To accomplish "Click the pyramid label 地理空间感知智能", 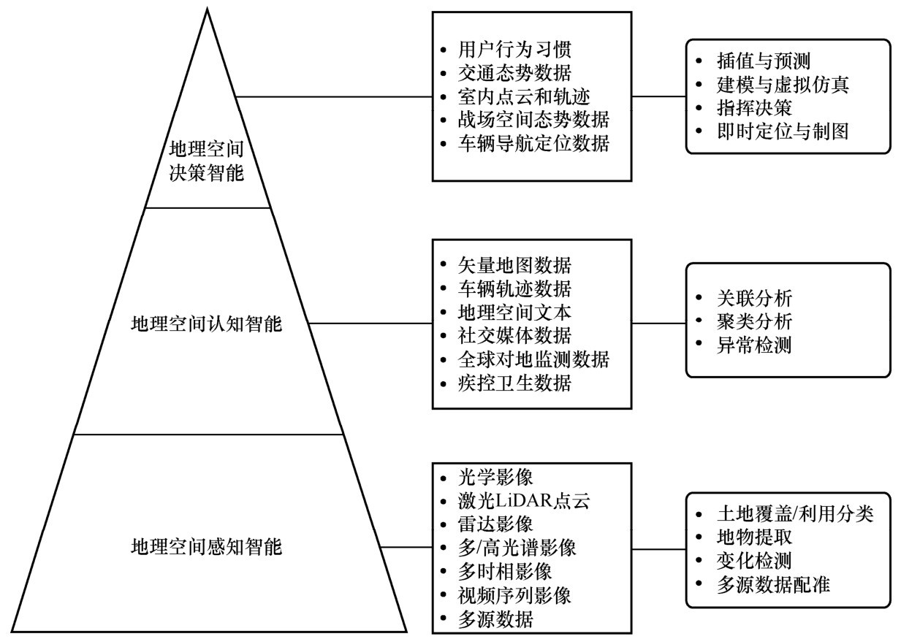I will (x=206, y=546).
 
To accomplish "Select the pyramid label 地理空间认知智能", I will (x=206, y=323).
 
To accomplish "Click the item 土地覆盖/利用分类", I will (x=794, y=514).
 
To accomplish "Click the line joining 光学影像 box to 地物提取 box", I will (x=658, y=548).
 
